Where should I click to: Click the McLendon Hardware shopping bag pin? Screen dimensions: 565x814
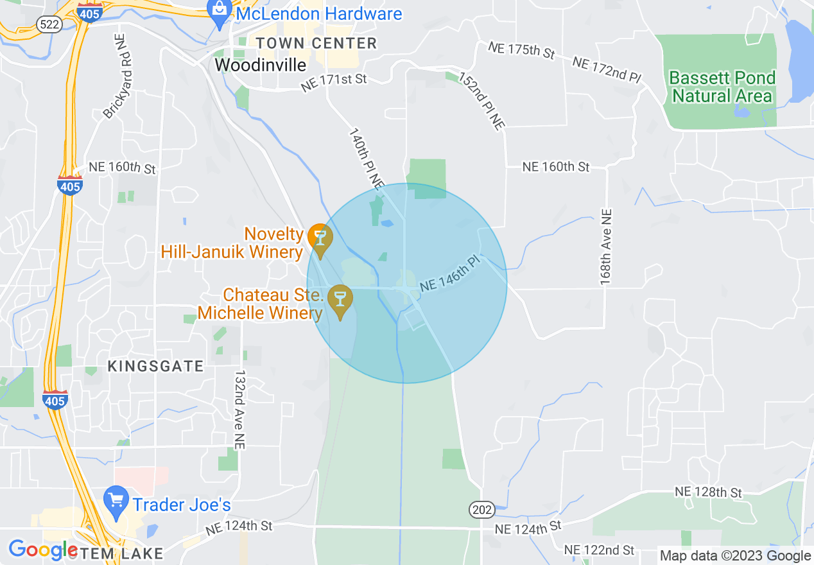point(220,12)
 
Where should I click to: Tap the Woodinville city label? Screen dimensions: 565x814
point(260,65)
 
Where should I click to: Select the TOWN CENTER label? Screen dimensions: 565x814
point(316,44)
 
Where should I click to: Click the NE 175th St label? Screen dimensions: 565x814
point(521,50)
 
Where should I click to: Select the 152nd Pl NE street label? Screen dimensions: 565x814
point(481,101)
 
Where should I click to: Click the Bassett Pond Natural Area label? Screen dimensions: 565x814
point(722,87)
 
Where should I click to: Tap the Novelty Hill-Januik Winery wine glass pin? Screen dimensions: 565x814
point(319,237)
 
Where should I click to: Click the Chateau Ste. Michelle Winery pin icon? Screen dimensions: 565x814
point(340,299)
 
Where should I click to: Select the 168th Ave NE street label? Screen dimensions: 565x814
point(606,247)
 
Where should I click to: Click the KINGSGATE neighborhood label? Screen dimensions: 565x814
point(155,367)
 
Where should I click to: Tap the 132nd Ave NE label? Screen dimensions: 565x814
point(240,408)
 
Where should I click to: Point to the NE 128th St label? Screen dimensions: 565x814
point(708,492)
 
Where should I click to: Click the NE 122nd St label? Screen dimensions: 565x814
point(599,550)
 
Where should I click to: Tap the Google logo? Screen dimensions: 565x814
point(43,550)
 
